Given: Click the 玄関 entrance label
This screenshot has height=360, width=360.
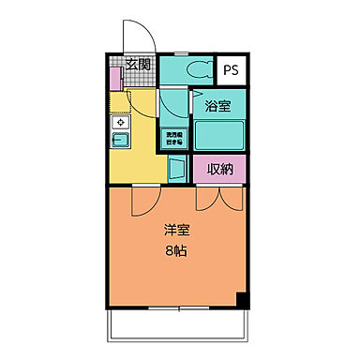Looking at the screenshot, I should pos(138,66).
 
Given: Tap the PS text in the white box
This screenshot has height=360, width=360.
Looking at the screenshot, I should pos(231,69).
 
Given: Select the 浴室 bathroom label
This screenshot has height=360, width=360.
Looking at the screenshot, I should pos(218,107).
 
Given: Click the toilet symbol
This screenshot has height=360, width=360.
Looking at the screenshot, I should pos(197,68).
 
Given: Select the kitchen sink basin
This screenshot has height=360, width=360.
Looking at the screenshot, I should pos(121,142).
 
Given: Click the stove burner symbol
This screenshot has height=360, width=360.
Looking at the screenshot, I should pos(120,122).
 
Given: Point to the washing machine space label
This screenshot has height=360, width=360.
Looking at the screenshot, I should pos(174,139).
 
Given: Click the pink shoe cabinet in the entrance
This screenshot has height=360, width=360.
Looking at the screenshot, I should pos(113,79).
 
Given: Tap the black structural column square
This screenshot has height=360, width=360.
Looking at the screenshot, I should pos(242,300).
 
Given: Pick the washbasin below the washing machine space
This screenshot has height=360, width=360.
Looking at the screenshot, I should pos(177,170).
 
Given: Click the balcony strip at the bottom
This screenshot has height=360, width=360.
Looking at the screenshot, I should pos(177,323).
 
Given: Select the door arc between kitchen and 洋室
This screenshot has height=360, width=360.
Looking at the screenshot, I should pos(146,199).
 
